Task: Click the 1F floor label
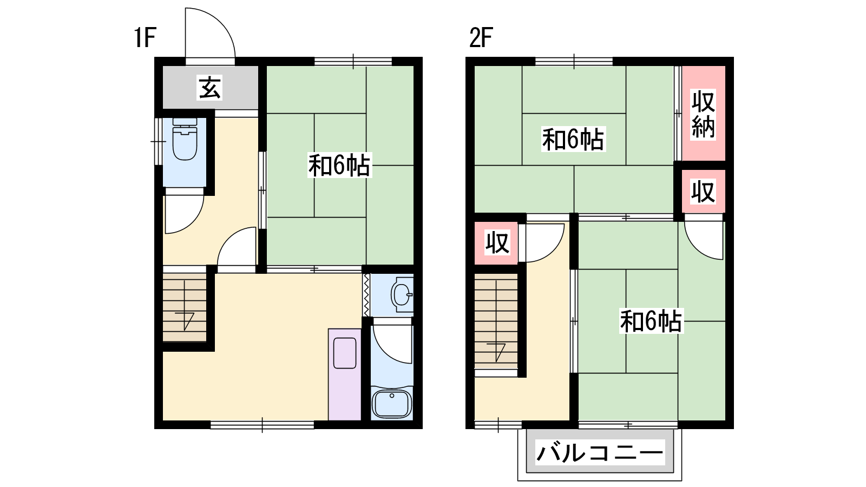(145, 37)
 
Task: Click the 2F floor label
(481, 37)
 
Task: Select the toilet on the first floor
(185, 139)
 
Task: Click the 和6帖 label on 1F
(339, 166)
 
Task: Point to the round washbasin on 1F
(402, 295)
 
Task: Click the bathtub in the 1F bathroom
(392, 403)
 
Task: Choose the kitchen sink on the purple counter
(344, 353)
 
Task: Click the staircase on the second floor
(496, 321)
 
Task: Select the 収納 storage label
(703, 114)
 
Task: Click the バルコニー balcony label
(600, 452)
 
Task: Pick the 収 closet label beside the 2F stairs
(497, 243)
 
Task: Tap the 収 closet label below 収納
(703, 192)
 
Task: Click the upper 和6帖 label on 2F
(573, 139)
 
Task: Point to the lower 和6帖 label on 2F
(651, 321)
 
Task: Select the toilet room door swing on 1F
(192, 223)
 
